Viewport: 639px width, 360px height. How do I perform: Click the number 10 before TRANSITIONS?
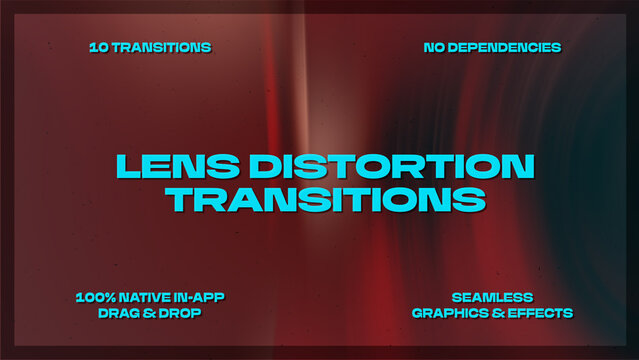98,47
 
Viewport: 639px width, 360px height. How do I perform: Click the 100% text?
97,297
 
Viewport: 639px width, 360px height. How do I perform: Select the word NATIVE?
152,297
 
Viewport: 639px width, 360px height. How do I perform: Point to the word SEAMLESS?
492,297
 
